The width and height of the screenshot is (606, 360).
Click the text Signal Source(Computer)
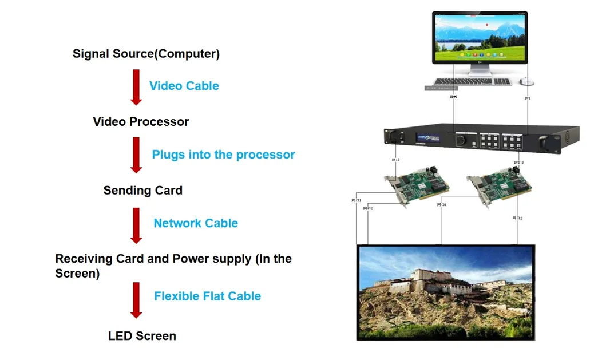[x=146, y=54]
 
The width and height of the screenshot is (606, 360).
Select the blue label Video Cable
[x=184, y=86]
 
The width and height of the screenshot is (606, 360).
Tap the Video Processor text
[x=141, y=121]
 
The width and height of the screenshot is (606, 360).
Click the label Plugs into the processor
[x=223, y=155]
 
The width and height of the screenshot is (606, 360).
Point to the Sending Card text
[x=142, y=191]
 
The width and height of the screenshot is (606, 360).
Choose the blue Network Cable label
[x=195, y=223]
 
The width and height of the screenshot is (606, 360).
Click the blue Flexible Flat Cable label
[x=207, y=296]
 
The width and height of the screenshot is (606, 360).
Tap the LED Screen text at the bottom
[x=142, y=336]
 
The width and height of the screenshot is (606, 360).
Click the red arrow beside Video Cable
[x=136, y=87]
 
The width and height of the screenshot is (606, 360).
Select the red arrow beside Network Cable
[x=136, y=225]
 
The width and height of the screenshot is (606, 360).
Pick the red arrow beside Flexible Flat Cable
[x=136, y=299]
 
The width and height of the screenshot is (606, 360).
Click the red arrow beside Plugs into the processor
[x=136, y=155]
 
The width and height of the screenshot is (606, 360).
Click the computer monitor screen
[x=479, y=37]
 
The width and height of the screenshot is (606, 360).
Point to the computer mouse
[x=526, y=82]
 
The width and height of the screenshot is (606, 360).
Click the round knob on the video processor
[x=461, y=139]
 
